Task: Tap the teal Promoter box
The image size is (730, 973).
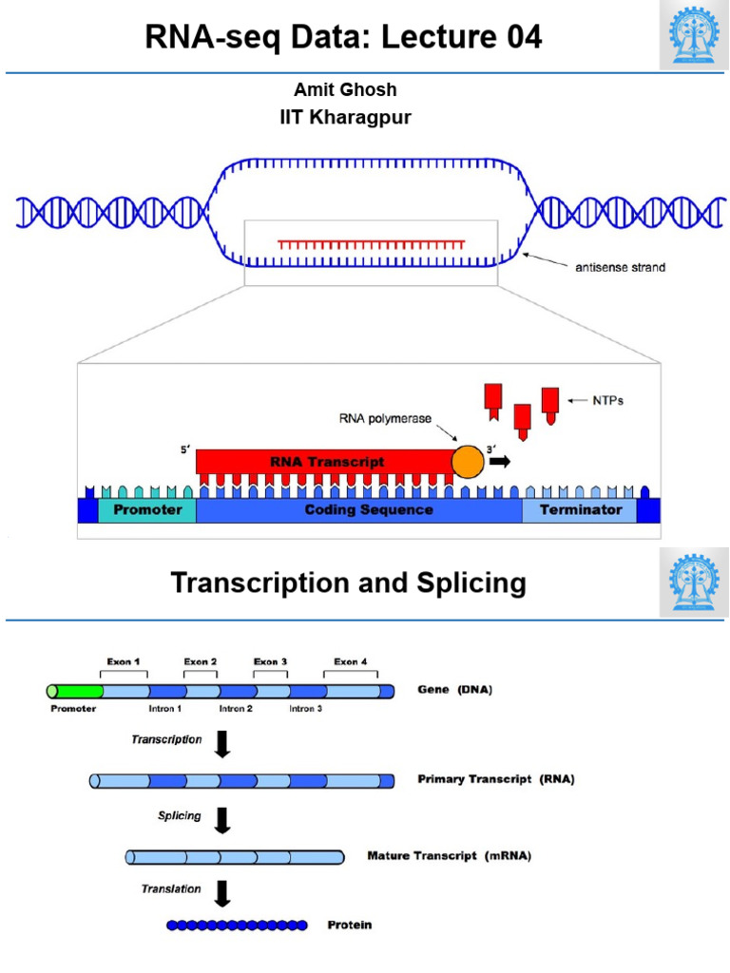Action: coord(147,510)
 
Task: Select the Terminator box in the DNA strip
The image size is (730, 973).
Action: coord(581,510)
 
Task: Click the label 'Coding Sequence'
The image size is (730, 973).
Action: coord(369,510)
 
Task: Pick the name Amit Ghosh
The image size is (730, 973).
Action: coord(345,89)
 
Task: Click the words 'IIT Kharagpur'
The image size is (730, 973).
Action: coord(344,118)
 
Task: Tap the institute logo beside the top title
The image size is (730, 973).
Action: coord(694,36)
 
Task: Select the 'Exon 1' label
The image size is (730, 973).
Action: coord(123,661)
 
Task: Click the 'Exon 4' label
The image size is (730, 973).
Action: coord(351,661)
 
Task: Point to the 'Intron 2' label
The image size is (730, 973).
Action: coord(236,710)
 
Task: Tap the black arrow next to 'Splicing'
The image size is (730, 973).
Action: coord(222,819)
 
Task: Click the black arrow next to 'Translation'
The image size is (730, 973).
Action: coord(222,892)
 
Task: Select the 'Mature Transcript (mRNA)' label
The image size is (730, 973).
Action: coord(449,856)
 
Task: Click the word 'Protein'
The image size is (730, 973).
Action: coord(350,925)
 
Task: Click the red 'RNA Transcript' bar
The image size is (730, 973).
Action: coord(323,461)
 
